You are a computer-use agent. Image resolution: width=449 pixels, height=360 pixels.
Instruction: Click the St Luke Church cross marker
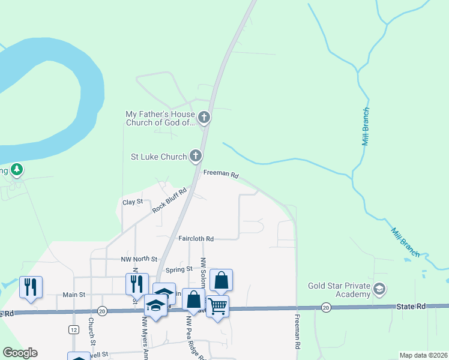pos(195,157)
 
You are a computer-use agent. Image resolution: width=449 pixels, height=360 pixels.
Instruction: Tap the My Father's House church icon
pos(204,118)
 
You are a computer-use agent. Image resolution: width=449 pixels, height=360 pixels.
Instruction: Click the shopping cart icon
pos(217,307)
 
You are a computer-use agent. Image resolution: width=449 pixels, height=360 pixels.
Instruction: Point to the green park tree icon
pos(17,170)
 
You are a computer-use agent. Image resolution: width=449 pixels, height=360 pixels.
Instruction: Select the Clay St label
pos(132,202)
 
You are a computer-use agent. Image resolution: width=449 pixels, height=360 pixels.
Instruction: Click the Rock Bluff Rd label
pos(169,200)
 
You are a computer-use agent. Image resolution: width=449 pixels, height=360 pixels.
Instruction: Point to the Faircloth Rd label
pos(196,238)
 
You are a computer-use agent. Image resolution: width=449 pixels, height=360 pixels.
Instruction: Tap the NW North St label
pos(139,259)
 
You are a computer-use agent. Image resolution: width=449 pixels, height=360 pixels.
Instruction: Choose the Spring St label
pos(178,269)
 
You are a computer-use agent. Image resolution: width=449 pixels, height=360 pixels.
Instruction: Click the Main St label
pos(74,295)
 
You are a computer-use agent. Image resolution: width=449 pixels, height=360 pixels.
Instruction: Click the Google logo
pos(19,353)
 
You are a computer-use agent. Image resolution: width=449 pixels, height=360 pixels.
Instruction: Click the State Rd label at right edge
pos(411,306)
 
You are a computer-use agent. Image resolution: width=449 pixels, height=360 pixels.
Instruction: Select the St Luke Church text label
pos(159,157)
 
